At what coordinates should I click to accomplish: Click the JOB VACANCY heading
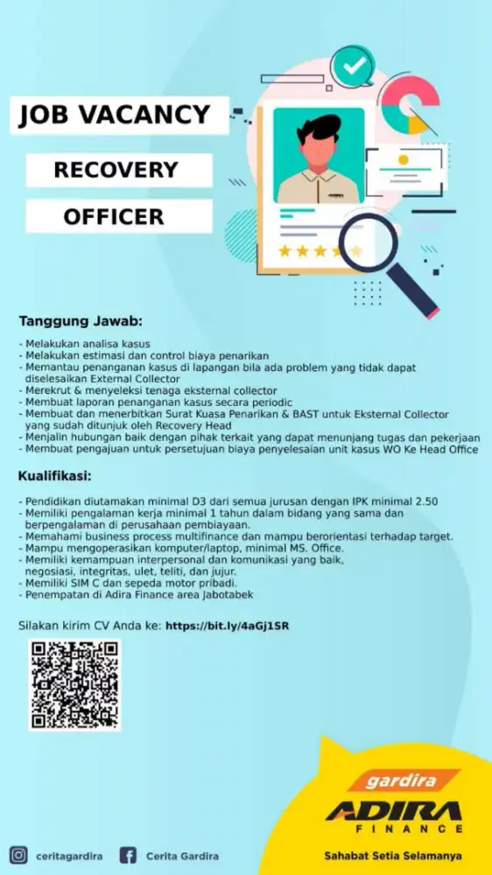[115, 115]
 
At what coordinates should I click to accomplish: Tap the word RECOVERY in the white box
[116, 169]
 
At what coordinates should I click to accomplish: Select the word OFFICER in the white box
[114, 216]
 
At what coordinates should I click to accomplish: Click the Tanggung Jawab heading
[81, 321]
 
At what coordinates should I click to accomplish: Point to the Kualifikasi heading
[67, 477]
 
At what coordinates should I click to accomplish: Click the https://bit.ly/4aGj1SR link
[227, 626]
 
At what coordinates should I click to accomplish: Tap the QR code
[74, 685]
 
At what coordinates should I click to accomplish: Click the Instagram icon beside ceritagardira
[18, 855]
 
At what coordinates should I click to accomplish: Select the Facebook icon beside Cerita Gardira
[128, 855]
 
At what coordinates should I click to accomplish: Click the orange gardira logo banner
[402, 780]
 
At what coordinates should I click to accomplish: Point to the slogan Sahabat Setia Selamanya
[392, 855]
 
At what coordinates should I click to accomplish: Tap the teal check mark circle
[353, 66]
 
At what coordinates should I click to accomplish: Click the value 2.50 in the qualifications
[425, 501]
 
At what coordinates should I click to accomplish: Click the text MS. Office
[315, 548]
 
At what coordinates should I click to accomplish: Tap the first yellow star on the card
[285, 251]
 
